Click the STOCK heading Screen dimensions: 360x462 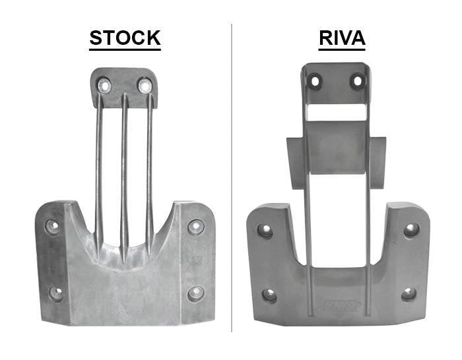point(125,38)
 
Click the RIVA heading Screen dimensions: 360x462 point(342,38)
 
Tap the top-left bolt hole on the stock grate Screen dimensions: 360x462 point(104,85)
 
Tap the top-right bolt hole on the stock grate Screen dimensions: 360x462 point(145,85)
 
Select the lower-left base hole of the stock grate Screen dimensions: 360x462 point(56,293)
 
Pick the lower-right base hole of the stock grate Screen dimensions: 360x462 point(195,293)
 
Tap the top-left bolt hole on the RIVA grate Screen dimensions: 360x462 point(315,82)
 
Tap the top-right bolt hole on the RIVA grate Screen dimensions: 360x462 point(358,82)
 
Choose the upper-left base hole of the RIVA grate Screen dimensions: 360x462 point(265,231)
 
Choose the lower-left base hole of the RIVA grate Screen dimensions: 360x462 point(269,295)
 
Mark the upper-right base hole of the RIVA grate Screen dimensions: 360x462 point(411,230)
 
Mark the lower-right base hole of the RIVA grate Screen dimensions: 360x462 point(409,294)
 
